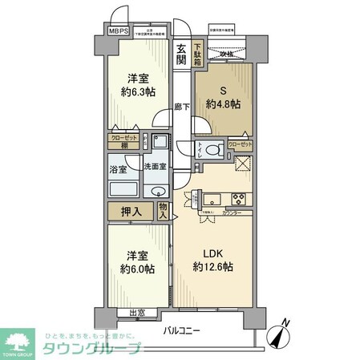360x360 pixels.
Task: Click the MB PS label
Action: [x=117, y=34]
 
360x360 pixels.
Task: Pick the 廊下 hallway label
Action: [x=181, y=107]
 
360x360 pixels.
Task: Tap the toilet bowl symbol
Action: [x=211, y=149]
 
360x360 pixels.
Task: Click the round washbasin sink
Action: [x=157, y=192]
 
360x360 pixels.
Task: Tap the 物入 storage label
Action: [x=163, y=212]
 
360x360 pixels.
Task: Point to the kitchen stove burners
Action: [x=238, y=200]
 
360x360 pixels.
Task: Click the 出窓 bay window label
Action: [x=137, y=313]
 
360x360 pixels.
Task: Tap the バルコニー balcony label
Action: [x=184, y=330]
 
